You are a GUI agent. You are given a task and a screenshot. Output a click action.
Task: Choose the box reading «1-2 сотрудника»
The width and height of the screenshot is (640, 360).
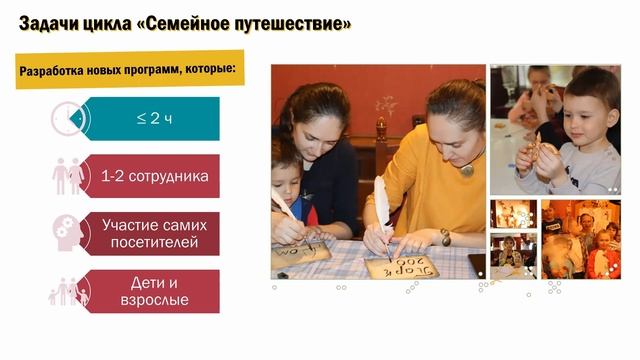[154, 177]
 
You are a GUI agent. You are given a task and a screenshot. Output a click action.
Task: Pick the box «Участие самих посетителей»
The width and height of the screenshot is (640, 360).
[154, 233]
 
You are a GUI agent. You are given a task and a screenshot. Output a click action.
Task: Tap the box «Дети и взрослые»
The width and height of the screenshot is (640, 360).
[154, 290]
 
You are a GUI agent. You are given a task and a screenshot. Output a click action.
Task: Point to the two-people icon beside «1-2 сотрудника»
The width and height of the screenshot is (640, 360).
[68, 177]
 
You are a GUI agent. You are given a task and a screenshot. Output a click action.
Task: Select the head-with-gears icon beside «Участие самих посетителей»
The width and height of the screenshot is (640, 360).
[68, 233]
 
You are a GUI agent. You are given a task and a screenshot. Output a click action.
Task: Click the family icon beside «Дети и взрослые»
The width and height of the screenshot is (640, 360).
[68, 291]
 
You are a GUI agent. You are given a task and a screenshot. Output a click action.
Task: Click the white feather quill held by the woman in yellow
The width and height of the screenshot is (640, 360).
[382, 205]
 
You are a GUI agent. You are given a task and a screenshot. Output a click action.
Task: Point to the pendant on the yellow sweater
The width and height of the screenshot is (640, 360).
[466, 170]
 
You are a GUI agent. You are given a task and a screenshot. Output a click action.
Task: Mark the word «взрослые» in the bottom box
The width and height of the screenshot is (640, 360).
[154, 300]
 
